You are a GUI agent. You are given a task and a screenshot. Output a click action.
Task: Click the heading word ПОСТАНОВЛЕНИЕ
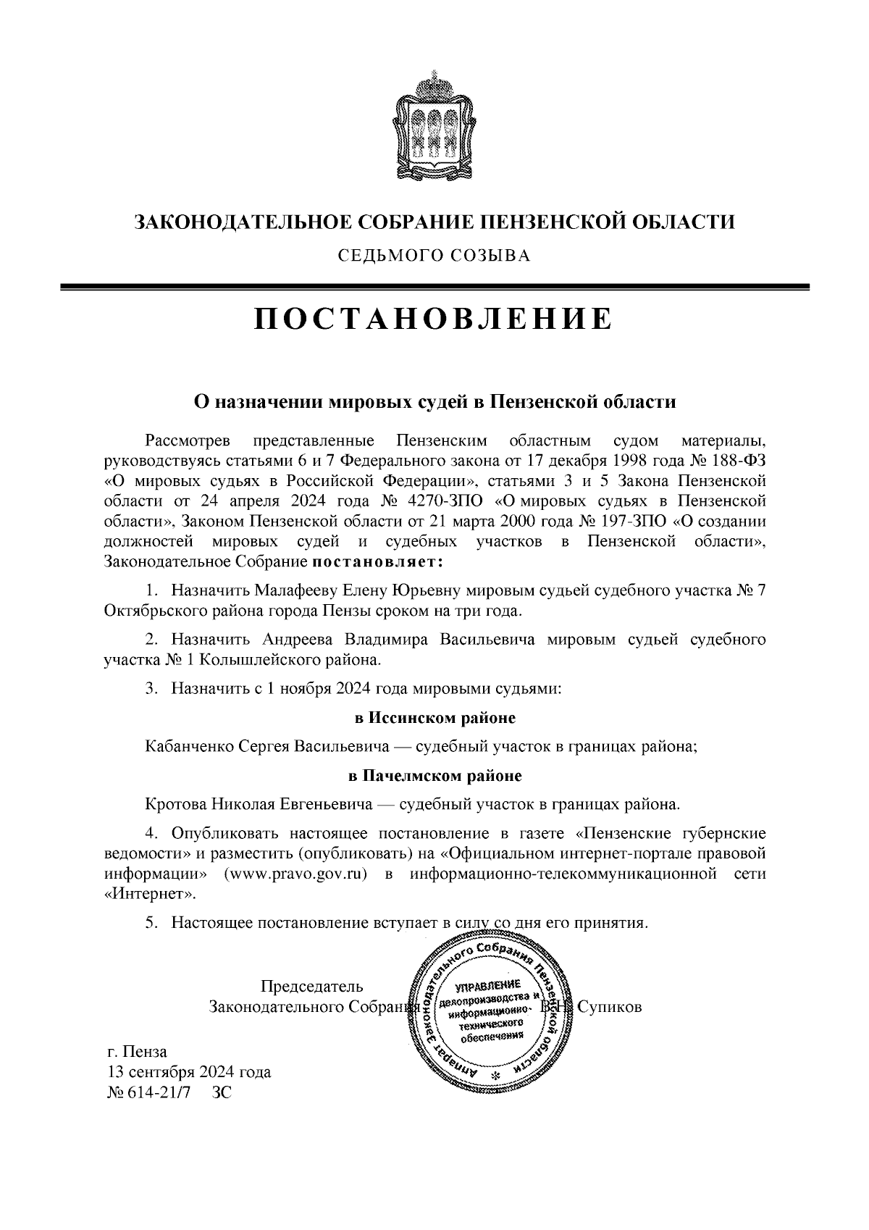[433, 319]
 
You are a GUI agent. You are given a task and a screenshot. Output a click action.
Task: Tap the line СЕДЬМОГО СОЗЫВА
[433, 256]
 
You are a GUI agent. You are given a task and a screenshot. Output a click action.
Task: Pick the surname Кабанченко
[190, 746]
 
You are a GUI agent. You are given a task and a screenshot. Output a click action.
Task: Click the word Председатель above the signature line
[311, 987]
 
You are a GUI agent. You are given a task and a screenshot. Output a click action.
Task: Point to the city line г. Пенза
[137, 1052]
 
